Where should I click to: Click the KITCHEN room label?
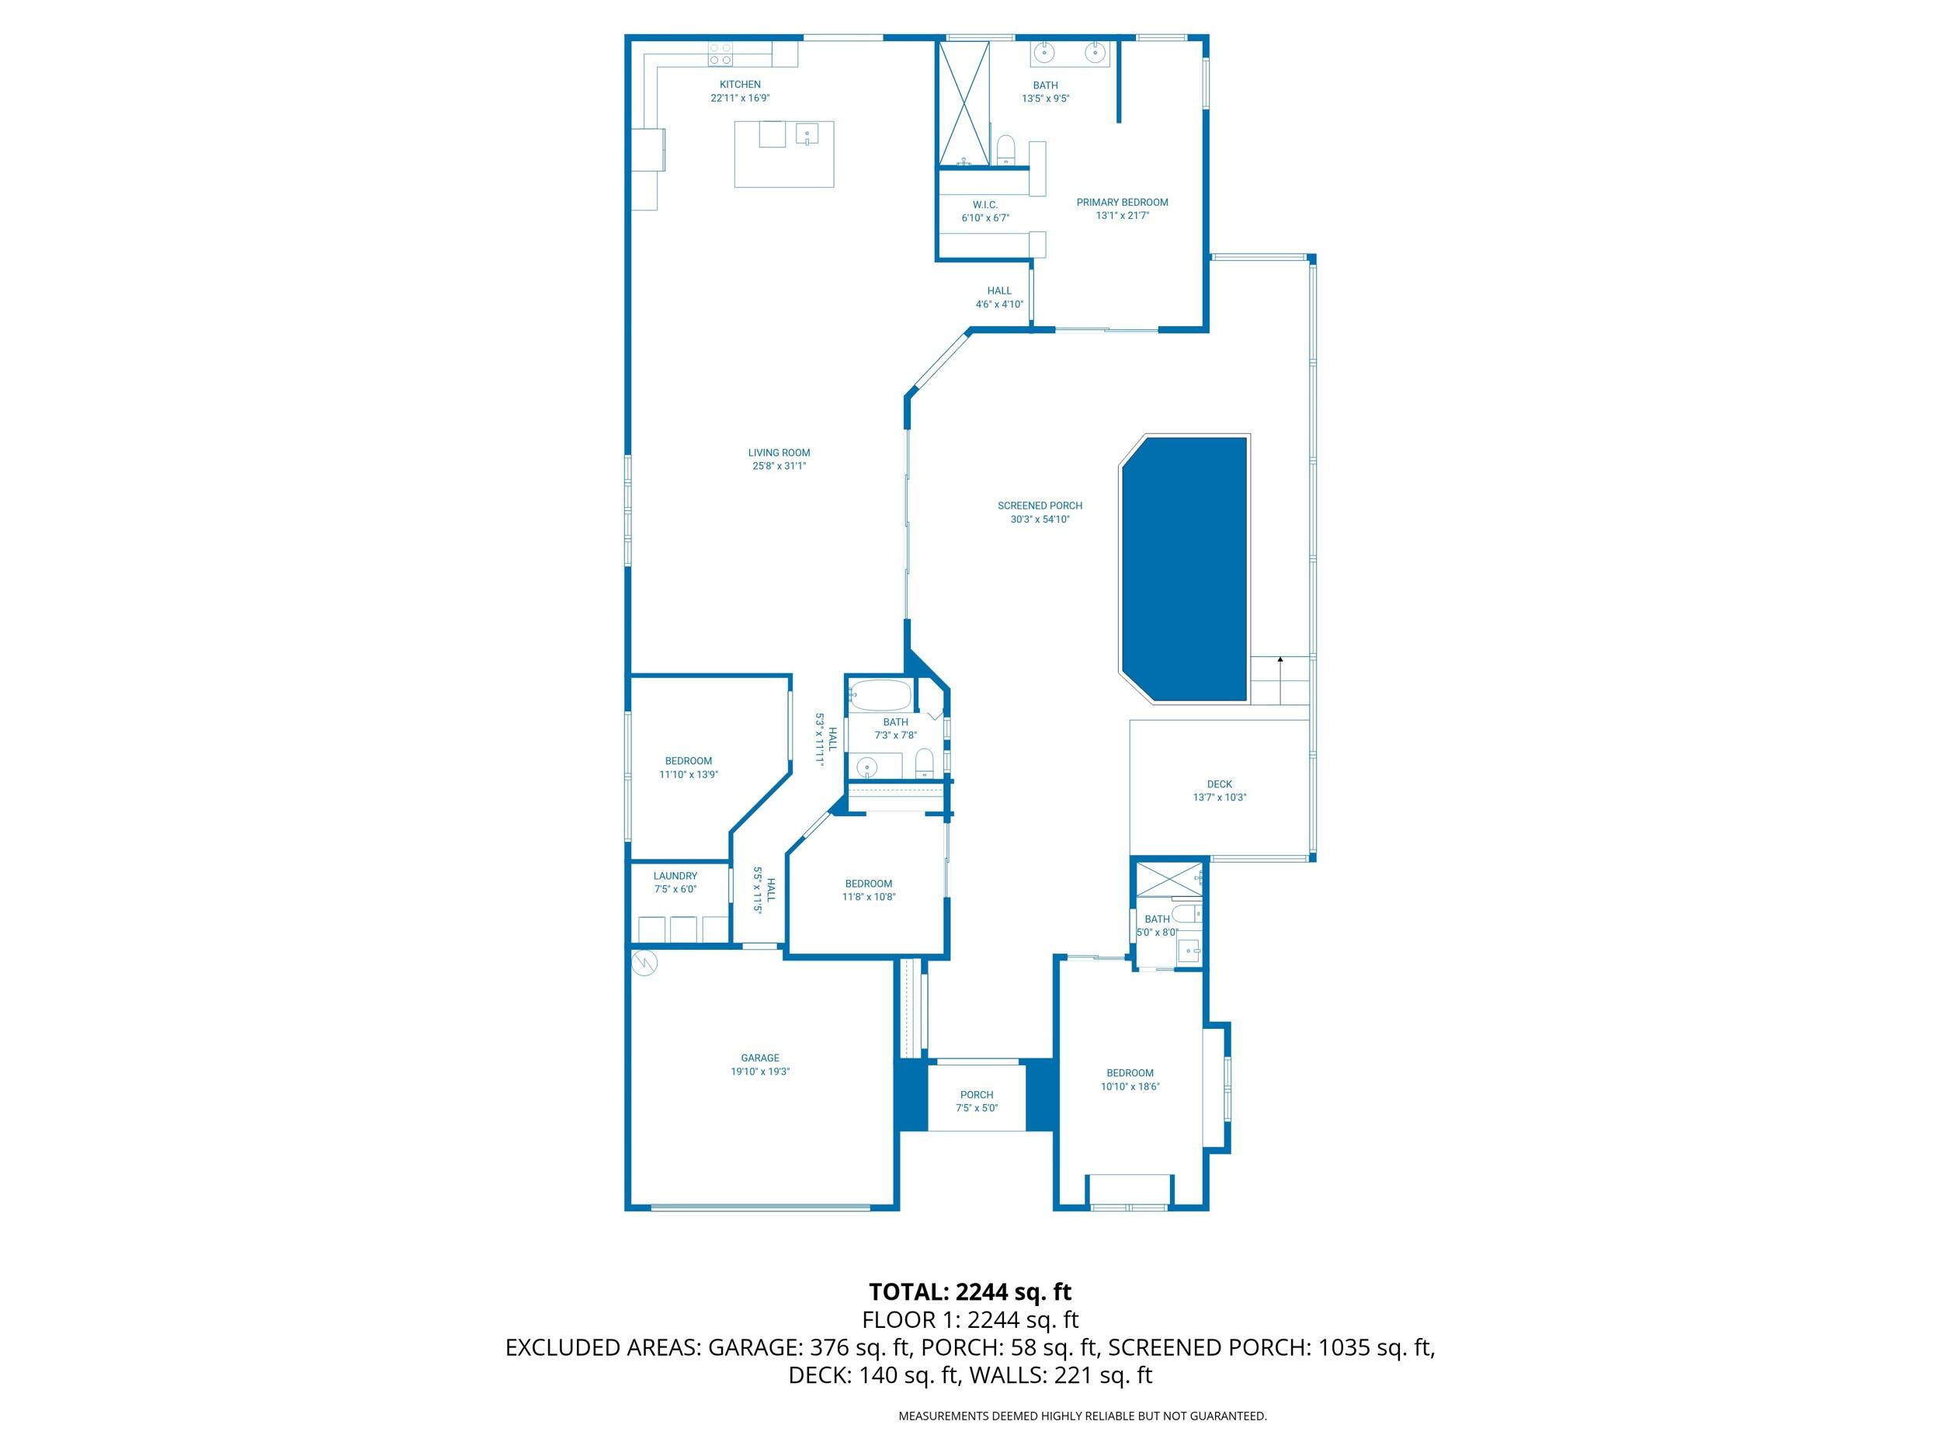point(740,84)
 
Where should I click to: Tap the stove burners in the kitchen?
point(720,54)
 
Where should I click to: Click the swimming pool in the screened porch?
point(1185,568)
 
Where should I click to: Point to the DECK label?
point(1219,784)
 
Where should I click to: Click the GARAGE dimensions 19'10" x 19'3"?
point(760,1072)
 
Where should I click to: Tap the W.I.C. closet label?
point(985,204)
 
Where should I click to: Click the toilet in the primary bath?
point(1005,149)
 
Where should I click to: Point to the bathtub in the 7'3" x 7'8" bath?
point(880,696)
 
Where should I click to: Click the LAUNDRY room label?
point(675,876)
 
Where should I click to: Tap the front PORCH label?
point(977,1094)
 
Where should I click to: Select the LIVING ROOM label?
point(778,453)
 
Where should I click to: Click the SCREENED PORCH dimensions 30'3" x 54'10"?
point(1040,520)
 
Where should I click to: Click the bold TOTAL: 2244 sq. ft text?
point(970,1292)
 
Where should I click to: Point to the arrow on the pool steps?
point(1280,659)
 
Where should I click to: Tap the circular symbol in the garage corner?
point(645,963)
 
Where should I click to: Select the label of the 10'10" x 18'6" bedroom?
point(1130,1072)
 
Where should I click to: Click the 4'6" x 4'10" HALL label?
point(998,290)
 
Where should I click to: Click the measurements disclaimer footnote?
point(1082,1416)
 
